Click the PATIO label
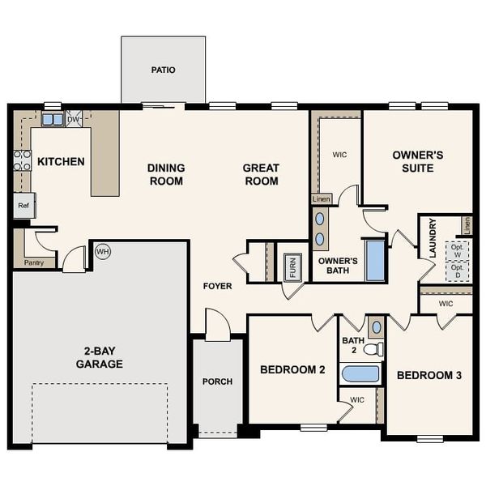(x=163, y=70)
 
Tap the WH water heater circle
(x=102, y=252)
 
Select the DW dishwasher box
(x=75, y=119)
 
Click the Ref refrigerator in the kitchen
(x=23, y=206)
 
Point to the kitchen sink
(x=53, y=119)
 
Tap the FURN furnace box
(x=293, y=265)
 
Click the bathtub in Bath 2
(x=360, y=373)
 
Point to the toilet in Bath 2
(x=373, y=350)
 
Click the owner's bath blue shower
(x=375, y=261)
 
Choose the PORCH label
(x=217, y=382)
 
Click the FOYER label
(x=218, y=286)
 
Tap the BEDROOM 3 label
(x=429, y=375)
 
